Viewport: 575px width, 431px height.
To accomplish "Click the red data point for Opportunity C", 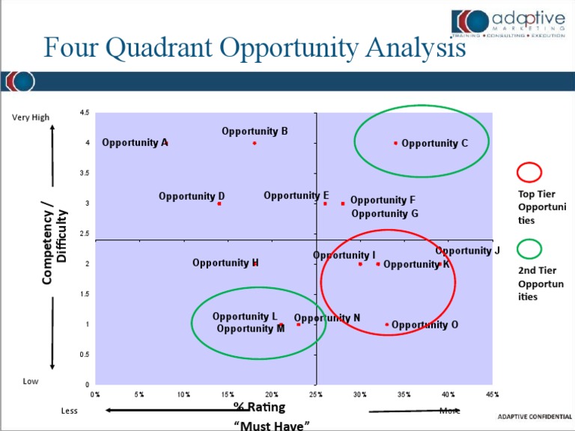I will (396, 143).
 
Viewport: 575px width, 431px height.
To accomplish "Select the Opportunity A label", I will (135, 142).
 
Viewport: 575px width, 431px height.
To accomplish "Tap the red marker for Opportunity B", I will (255, 143).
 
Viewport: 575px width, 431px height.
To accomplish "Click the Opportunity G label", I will (385, 213).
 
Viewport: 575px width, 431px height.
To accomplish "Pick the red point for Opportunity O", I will (387, 325).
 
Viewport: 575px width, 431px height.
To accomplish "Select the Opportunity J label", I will (467, 251).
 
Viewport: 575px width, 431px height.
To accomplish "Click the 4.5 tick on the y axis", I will (84, 113).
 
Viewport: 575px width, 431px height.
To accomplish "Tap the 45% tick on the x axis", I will (492, 394).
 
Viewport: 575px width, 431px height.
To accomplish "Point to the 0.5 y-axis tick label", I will (84, 355).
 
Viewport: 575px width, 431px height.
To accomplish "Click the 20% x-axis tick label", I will (271, 394).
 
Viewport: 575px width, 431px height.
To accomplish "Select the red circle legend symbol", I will (529, 172).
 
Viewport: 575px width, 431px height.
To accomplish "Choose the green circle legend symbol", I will (529, 248).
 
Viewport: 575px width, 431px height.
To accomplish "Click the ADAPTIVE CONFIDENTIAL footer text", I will (534, 417).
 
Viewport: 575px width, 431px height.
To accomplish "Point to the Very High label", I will (31, 117).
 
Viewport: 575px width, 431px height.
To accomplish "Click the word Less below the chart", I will (69, 411).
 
